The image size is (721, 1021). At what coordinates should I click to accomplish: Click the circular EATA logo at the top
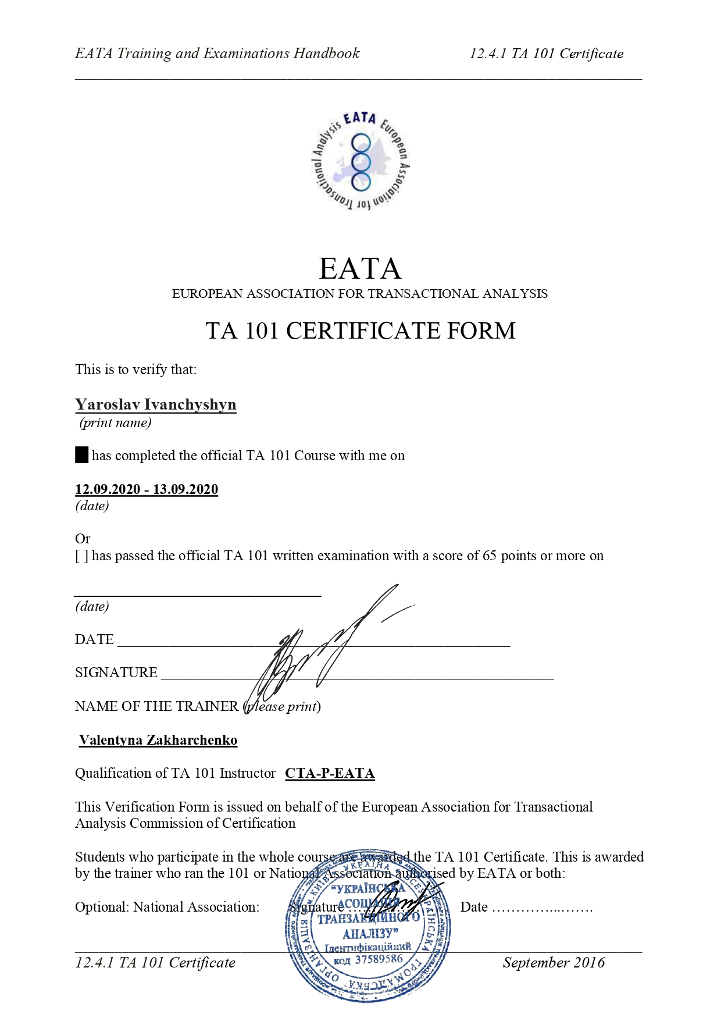coord(360,161)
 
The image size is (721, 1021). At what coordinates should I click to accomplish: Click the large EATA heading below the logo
coord(360,269)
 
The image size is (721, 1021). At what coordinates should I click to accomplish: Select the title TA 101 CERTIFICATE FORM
coord(360,330)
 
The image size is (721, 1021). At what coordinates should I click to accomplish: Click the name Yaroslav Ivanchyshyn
coord(155,404)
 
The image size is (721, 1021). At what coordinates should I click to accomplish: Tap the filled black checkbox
coord(81,455)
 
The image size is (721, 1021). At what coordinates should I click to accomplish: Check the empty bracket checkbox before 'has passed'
coord(81,556)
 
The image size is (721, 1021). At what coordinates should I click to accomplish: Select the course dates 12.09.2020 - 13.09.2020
coord(147,489)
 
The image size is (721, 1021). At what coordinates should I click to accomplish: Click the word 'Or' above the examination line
coord(83,539)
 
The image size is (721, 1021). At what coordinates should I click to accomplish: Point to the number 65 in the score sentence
coord(489,556)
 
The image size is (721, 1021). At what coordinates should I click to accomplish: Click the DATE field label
coord(94,639)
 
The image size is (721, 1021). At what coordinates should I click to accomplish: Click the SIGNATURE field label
coord(116,673)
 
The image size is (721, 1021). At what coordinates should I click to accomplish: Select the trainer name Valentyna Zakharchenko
coord(158,740)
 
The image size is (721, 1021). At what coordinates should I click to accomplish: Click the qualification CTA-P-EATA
coord(330,773)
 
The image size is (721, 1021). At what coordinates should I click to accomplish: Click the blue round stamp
coord(367,925)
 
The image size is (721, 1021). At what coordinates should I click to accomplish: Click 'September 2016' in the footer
coord(553,963)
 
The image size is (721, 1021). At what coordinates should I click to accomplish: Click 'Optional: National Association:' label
coord(167,907)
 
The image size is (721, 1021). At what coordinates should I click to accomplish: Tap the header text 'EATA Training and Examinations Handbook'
coord(217,54)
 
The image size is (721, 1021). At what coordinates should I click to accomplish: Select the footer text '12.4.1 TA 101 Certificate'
coord(155,963)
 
